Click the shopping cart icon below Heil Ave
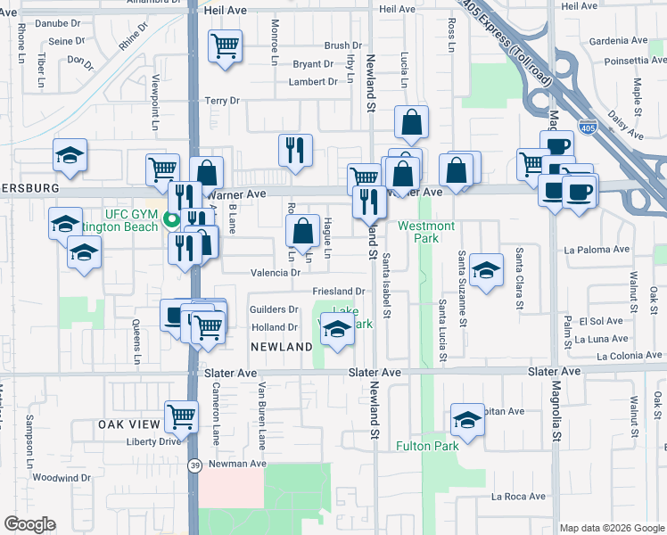[226, 45]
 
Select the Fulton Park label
[427, 446]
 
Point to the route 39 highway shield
[194, 465]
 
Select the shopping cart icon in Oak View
[182, 415]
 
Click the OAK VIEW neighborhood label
[129, 424]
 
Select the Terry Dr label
[223, 101]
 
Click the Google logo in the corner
[29, 524]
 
